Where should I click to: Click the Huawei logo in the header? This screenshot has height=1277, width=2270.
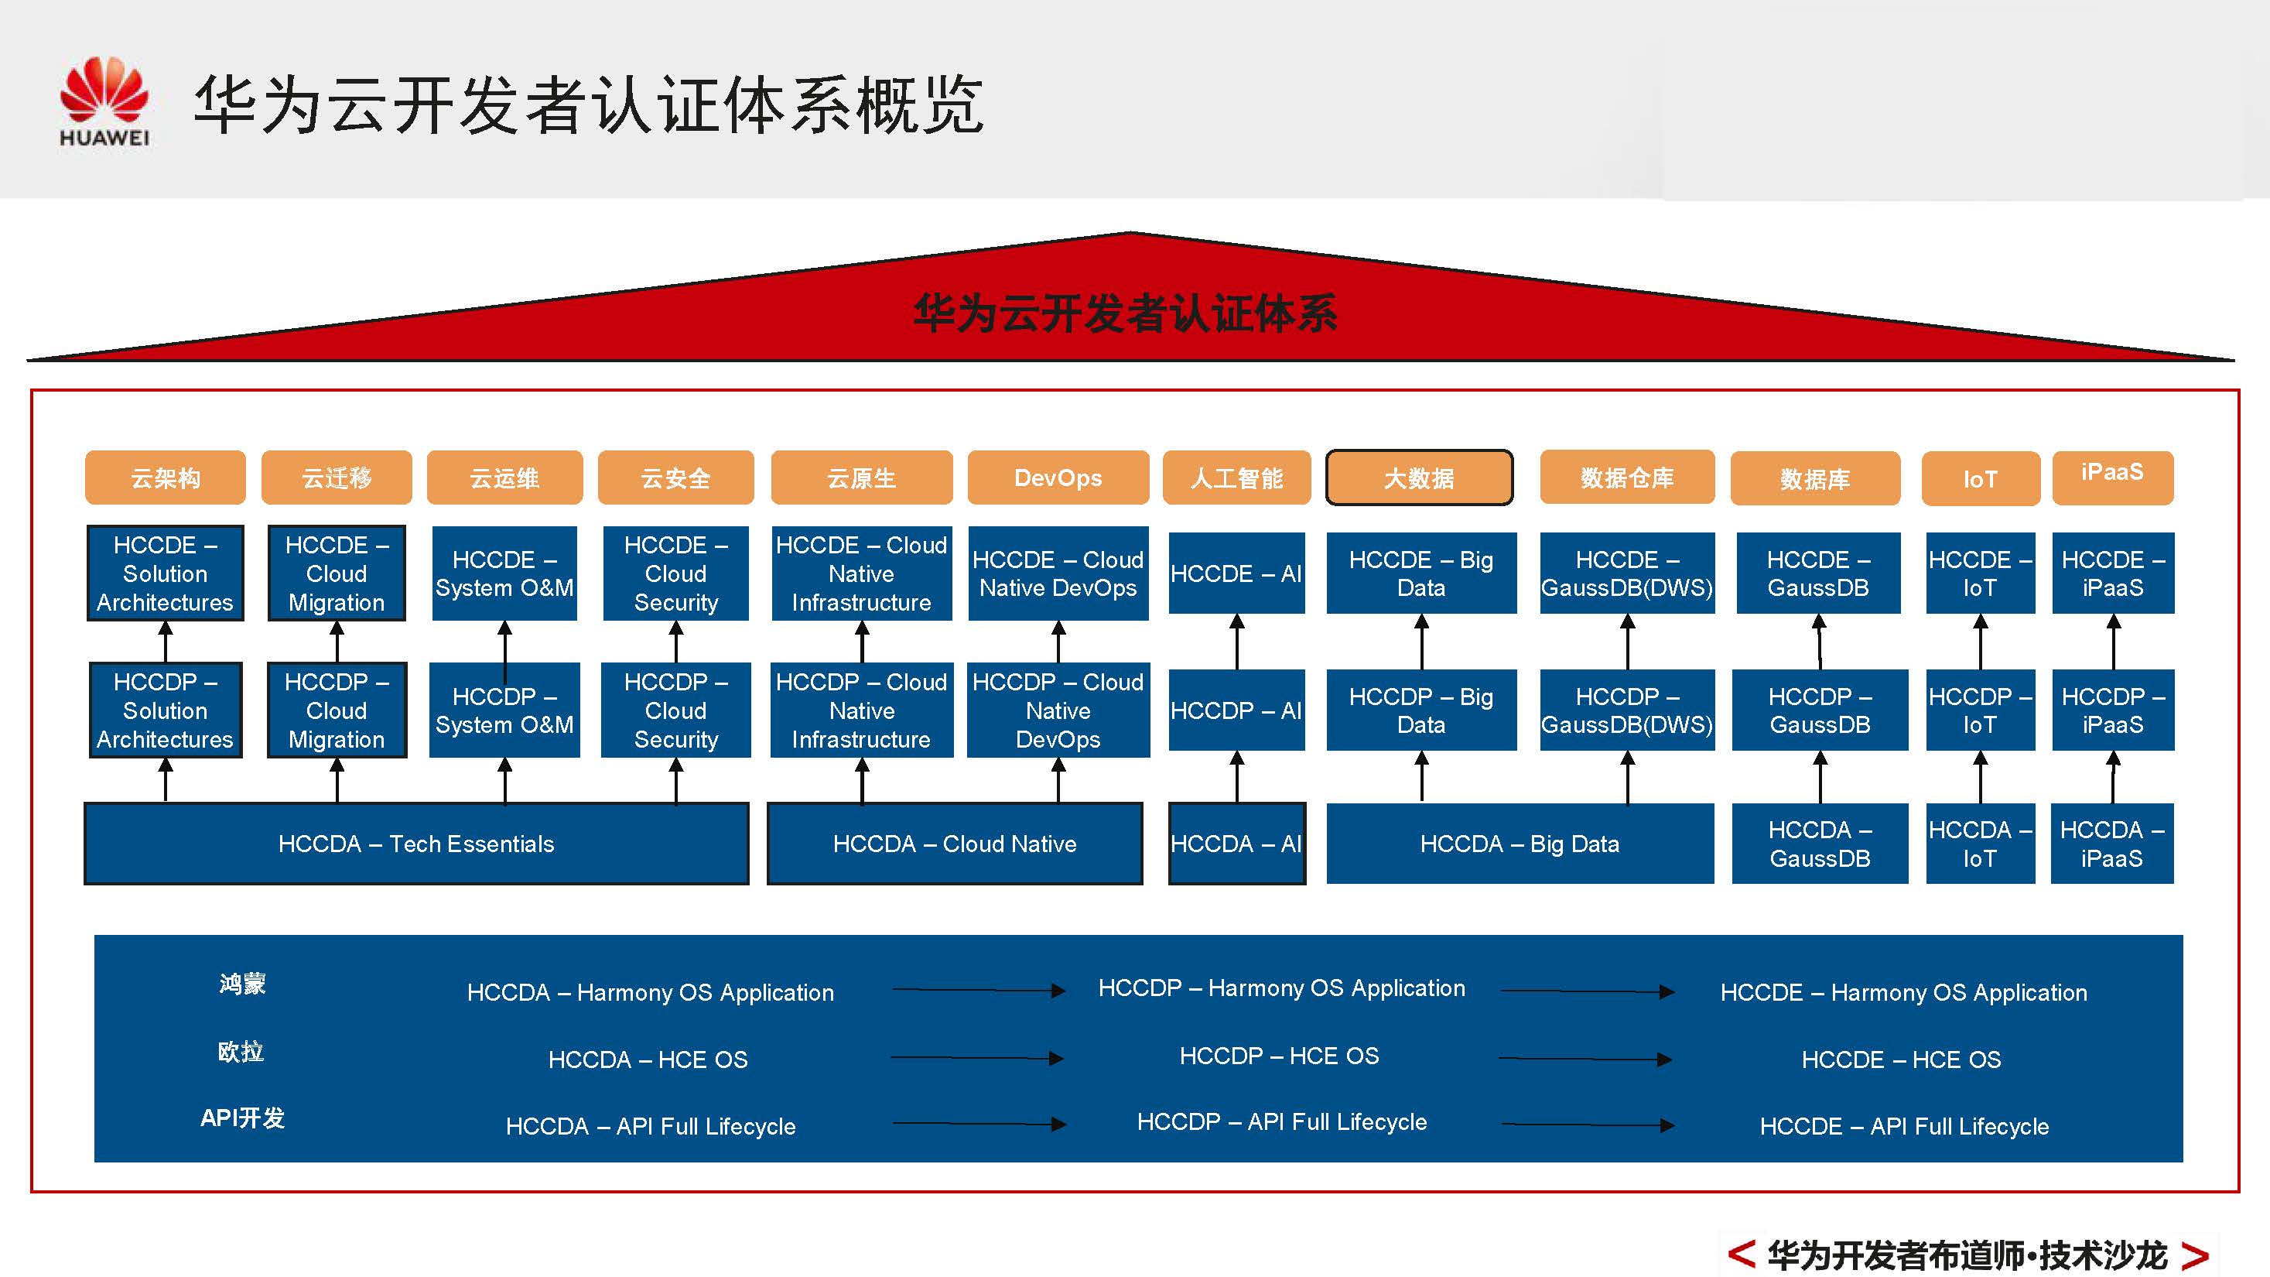(x=104, y=100)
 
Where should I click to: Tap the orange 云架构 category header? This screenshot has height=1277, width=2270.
(x=165, y=478)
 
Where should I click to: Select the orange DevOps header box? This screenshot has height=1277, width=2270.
(x=1058, y=478)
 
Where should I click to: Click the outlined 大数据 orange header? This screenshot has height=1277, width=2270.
(x=1419, y=478)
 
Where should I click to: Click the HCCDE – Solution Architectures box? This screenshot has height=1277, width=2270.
(x=165, y=573)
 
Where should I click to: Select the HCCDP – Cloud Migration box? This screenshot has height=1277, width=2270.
(x=337, y=710)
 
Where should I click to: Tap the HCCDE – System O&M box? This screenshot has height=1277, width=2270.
(x=504, y=573)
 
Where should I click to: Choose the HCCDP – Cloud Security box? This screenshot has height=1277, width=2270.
(x=676, y=710)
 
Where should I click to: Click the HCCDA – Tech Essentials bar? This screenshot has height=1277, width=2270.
(x=416, y=844)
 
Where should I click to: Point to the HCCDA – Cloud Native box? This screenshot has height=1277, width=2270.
(x=955, y=844)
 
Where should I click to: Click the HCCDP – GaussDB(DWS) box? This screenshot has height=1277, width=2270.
(x=1627, y=710)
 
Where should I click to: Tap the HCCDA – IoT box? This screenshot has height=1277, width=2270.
(x=1980, y=844)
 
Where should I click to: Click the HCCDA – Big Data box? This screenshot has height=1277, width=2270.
(x=1520, y=844)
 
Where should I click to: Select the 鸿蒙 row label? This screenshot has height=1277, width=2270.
(x=242, y=984)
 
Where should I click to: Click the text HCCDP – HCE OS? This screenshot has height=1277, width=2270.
(x=1279, y=1056)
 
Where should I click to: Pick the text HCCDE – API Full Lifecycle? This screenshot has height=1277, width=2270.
(x=1903, y=1126)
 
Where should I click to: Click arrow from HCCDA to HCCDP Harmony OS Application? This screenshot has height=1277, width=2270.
(x=977, y=991)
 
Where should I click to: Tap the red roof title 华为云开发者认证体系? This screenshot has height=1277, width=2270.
(x=1125, y=313)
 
